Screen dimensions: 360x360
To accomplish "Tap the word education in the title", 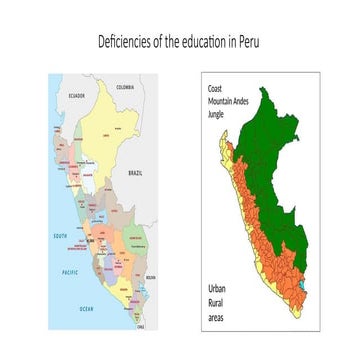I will (x=205, y=42).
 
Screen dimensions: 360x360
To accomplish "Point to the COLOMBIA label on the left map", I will (x=125, y=88).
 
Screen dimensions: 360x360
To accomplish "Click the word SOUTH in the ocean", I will (x=60, y=236).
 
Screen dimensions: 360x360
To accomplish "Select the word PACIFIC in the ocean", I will (x=69, y=271).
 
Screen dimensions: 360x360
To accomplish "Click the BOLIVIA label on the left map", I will (x=151, y=277).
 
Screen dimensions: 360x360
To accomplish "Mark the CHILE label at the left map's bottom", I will (x=141, y=325).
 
